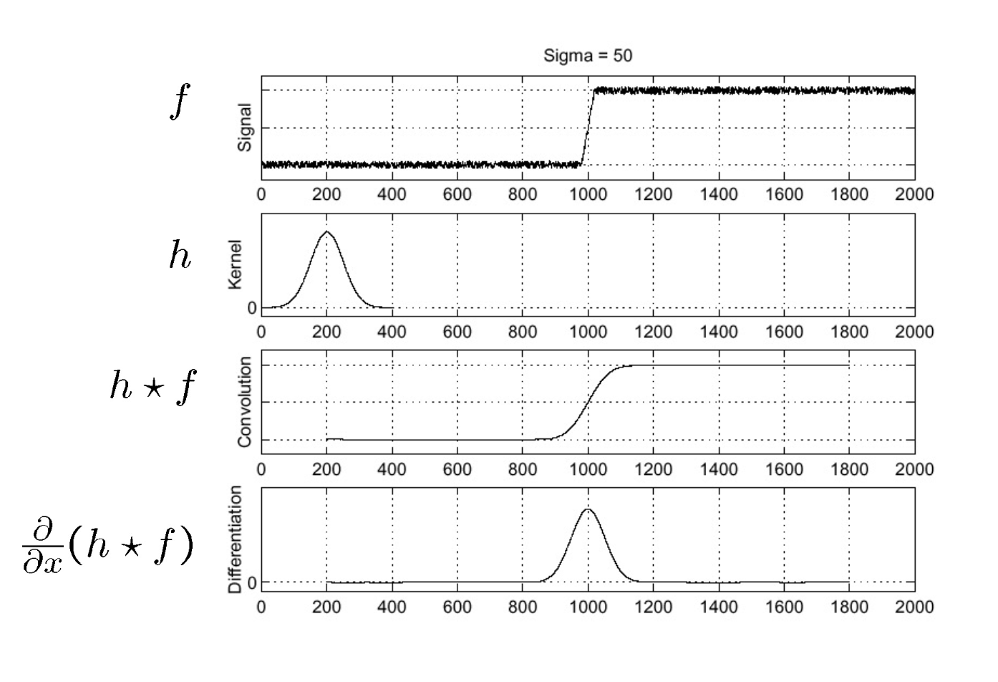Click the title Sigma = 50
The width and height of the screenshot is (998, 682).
coord(588,55)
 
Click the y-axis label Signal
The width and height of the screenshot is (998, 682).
coord(245,128)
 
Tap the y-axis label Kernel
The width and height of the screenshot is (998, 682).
coord(236,264)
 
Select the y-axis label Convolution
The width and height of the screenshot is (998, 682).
coord(245,402)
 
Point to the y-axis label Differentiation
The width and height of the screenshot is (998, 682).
coord(236,539)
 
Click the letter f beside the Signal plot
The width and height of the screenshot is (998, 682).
coord(180,102)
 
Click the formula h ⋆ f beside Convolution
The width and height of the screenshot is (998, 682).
coord(152,387)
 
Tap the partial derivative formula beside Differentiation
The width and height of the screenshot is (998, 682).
coord(107,548)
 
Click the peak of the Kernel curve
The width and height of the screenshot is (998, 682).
coord(327,232)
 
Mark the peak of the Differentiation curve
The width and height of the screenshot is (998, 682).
coord(588,509)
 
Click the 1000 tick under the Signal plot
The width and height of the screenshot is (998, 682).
coord(588,194)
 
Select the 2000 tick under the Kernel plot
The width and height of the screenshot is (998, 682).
coord(914,332)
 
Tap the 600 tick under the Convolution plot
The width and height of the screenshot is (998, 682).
coord(457,469)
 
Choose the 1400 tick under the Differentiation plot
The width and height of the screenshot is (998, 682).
coord(718,607)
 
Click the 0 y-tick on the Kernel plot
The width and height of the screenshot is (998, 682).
coord(252,308)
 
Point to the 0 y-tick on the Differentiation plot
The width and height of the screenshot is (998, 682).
coord(252,582)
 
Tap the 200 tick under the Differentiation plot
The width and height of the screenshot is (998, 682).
coord(326,607)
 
